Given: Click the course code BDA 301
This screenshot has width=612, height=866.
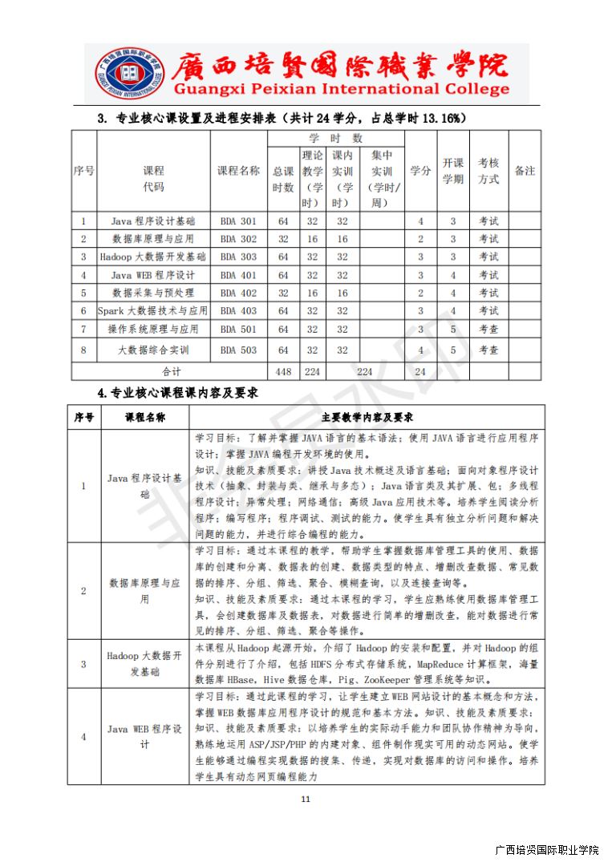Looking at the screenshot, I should pyautogui.click(x=238, y=221).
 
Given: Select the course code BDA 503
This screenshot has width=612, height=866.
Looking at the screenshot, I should pyautogui.click(x=238, y=350).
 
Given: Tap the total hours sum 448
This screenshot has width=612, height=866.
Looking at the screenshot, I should pyautogui.click(x=282, y=371).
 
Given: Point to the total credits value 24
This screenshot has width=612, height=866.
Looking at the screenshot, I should pyautogui.click(x=419, y=371).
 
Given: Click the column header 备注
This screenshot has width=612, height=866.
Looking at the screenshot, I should pyautogui.click(x=525, y=171).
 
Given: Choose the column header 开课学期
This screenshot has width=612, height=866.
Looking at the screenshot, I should pyautogui.click(x=453, y=171).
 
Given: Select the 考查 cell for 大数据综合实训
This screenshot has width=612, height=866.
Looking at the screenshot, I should pyautogui.click(x=488, y=350).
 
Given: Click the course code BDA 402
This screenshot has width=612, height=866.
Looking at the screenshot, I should pyautogui.click(x=238, y=293).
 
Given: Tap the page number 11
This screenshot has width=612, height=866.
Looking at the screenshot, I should pyautogui.click(x=305, y=799).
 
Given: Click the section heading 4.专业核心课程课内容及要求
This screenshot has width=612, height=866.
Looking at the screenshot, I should pyautogui.click(x=177, y=393).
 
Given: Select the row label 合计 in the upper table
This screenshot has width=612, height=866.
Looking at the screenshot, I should pyautogui.click(x=172, y=371).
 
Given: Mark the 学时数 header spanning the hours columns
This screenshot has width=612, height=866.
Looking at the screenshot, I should pyautogui.click(x=335, y=138).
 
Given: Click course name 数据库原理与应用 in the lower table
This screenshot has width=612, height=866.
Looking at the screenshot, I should pyautogui.click(x=144, y=591).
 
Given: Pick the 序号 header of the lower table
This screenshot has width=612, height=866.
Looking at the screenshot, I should pyautogui.click(x=84, y=418).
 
